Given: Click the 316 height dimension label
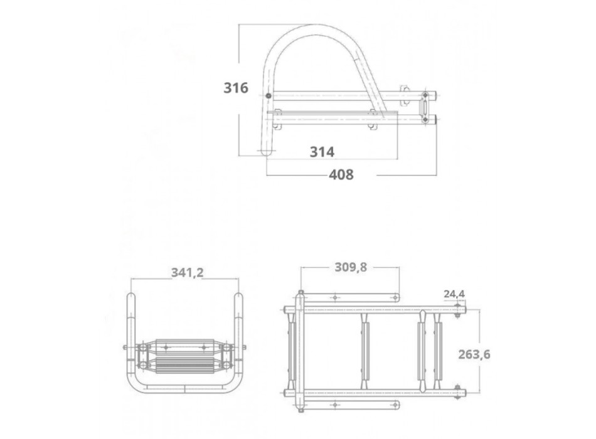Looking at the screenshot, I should click(x=236, y=88).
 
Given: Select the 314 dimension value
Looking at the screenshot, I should click(x=322, y=152).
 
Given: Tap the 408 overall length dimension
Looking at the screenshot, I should click(x=341, y=175).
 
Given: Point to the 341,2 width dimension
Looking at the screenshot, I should click(x=187, y=272).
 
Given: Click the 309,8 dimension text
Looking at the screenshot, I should click(x=350, y=268).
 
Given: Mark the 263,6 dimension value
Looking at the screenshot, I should click(x=492, y=354).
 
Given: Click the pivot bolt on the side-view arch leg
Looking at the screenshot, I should click(x=269, y=96).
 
